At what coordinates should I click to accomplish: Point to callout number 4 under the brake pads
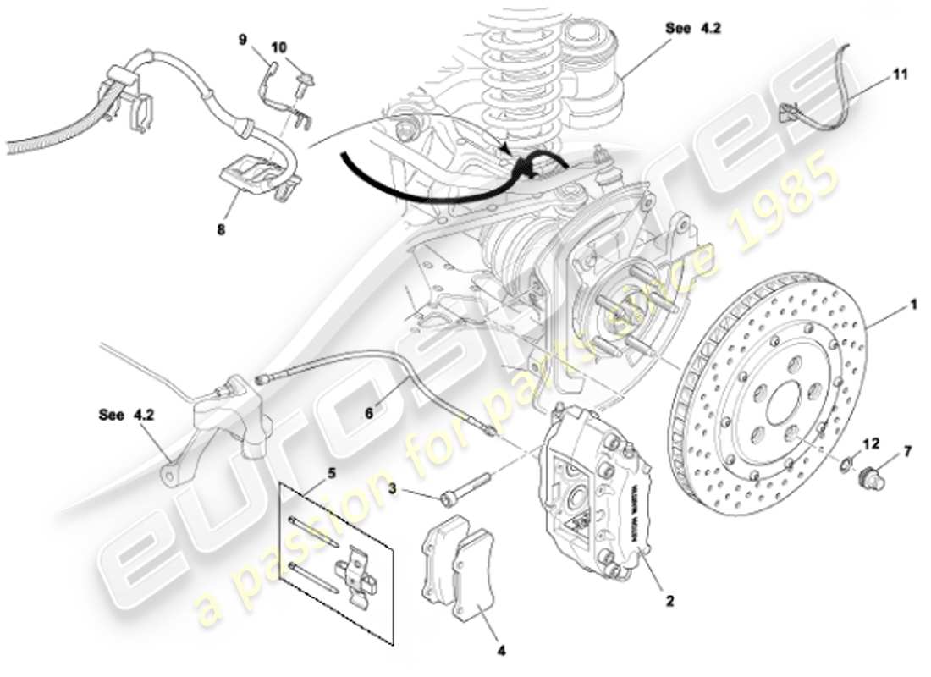click(x=501, y=651)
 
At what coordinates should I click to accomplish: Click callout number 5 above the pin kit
click(x=331, y=473)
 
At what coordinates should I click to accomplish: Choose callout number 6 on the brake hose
click(x=369, y=415)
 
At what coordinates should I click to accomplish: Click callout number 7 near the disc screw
click(x=907, y=451)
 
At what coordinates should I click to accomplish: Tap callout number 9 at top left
click(x=242, y=39)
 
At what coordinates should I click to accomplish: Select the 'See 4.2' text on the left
click(x=124, y=415)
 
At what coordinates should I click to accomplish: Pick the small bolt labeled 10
click(x=302, y=82)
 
